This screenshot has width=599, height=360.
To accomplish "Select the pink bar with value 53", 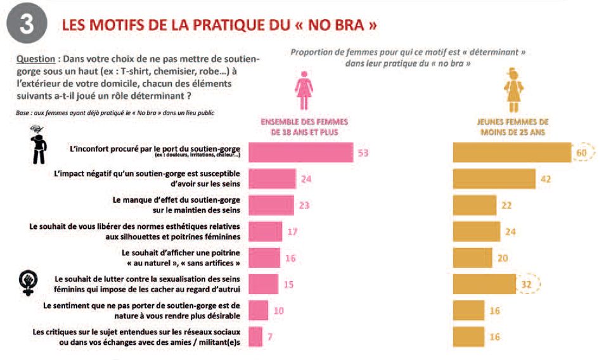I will coord(300,153).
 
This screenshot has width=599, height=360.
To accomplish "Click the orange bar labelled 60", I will coord(512,153).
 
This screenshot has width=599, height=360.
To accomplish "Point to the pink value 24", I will coord(306,179).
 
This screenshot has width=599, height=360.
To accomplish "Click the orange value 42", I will coord(545,179).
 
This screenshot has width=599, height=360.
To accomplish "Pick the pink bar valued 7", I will coord(255,337).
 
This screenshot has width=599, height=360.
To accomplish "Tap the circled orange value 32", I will coord(526,285).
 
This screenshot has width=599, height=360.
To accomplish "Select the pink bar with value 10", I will coord(259,311).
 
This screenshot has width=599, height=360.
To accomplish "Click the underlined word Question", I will coord(35,59).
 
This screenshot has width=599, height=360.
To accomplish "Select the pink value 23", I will coord(306,205).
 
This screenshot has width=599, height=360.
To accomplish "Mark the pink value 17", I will coord(292,232).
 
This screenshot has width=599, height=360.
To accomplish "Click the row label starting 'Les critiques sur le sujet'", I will coord(138,337).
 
